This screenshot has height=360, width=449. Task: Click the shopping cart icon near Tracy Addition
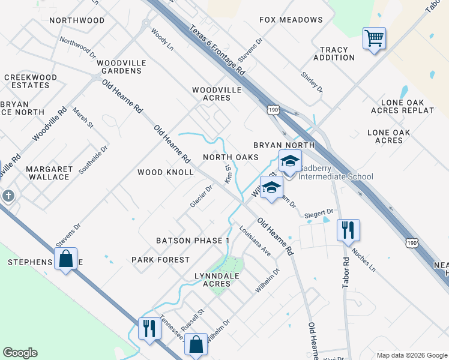(x=374, y=39)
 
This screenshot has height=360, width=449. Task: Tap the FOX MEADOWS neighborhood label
(x=291, y=20)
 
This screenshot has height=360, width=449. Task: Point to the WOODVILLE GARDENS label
(x=119, y=67)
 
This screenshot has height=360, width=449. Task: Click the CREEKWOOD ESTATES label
(x=30, y=82)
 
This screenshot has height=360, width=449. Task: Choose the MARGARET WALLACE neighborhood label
(x=49, y=173)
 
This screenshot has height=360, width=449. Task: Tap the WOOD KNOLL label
(x=165, y=172)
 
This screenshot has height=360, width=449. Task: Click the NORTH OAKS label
(x=231, y=157)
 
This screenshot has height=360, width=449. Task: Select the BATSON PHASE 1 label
(x=193, y=241)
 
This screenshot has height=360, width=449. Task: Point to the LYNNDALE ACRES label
(x=208, y=279)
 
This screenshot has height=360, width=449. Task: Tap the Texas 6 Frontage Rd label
(x=218, y=50)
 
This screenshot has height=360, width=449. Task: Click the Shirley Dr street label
(x=312, y=82)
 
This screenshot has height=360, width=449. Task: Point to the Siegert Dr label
(x=319, y=212)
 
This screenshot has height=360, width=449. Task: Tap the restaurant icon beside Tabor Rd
(x=348, y=230)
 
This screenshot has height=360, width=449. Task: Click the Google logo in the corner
(x=20, y=353)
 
